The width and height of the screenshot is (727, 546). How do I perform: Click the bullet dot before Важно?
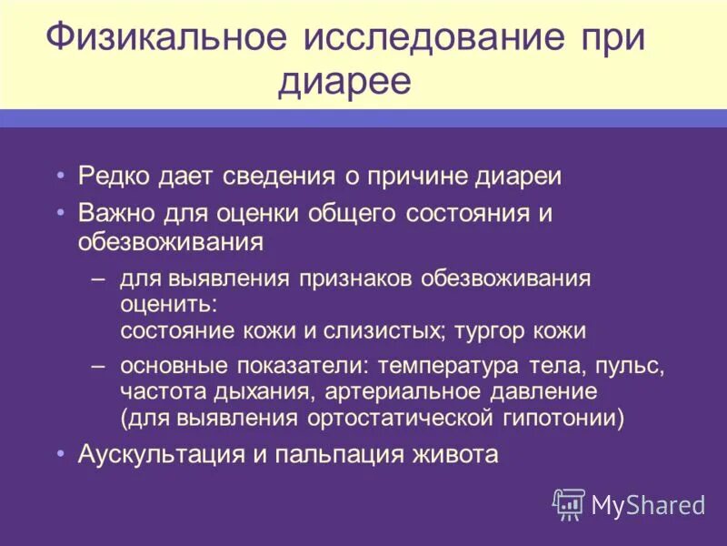click(60, 211)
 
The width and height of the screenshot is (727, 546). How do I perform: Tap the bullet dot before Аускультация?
click(60, 451)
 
